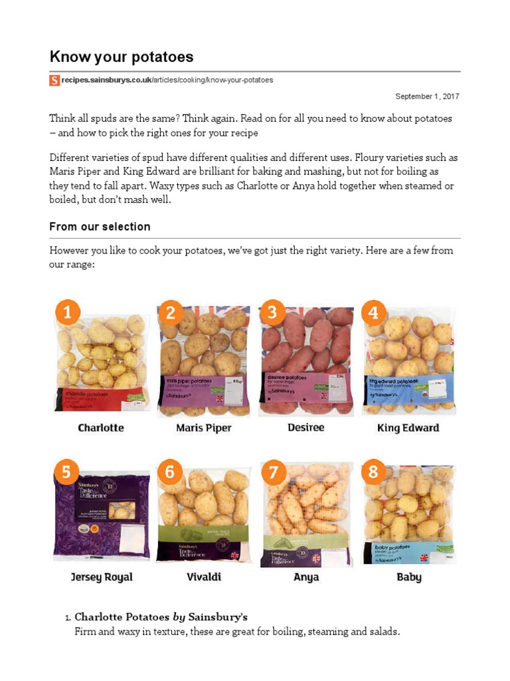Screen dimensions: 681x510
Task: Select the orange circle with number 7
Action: coord(272,472)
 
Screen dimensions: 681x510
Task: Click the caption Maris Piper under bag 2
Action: coord(203,428)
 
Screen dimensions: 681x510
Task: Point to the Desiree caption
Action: coord(305,427)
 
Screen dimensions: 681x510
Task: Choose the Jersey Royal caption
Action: coord(102,577)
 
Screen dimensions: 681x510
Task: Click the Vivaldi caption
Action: coord(204,577)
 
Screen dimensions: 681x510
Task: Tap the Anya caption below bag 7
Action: coord(306,577)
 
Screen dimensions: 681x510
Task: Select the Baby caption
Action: coord(408,577)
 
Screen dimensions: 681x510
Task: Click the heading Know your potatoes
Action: coord(121,57)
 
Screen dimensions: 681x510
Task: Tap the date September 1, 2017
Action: coord(427,96)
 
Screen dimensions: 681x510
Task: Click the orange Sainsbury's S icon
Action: coord(54,80)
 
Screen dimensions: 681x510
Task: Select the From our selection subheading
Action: coord(100,227)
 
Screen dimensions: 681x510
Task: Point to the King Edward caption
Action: coord(408,428)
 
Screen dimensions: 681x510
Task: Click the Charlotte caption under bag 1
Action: coord(101,428)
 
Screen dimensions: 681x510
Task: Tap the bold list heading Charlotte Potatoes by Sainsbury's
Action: coord(161,616)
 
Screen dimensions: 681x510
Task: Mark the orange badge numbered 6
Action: coord(170,472)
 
